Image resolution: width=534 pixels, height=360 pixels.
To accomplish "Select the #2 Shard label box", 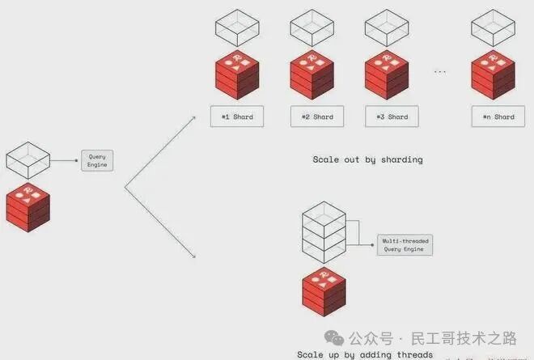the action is click(x=317, y=116).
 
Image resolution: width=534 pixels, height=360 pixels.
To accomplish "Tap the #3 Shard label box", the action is click(x=392, y=116).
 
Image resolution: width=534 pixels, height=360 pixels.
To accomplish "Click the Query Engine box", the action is click(x=96, y=160).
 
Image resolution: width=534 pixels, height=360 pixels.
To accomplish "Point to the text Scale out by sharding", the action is click(x=367, y=159).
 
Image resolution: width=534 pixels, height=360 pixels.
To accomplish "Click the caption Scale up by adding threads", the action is click(x=364, y=354).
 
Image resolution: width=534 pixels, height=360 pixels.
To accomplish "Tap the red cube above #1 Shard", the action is click(x=237, y=74).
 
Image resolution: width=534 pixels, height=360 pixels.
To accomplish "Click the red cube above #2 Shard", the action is click(x=311, y=74).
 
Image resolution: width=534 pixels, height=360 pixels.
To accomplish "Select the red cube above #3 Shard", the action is click(x=387, y=74).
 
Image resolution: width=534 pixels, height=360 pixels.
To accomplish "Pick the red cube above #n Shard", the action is click(x=493, y=74).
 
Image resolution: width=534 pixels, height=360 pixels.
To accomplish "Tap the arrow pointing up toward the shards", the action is click(x=162, y=150).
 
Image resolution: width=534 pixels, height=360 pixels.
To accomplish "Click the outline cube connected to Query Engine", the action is click(x=28, y=161).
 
